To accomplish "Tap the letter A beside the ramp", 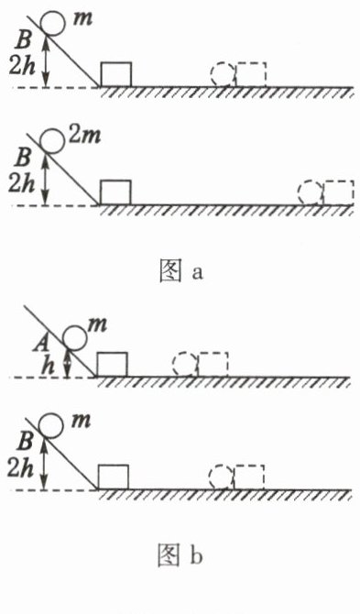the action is [46, 344].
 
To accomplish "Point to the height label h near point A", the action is [49, 367].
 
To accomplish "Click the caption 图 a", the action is [180, 271].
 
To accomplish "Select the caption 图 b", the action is [180, 555].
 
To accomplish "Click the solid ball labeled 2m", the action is [53, 142].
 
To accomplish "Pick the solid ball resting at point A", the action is [75, 337].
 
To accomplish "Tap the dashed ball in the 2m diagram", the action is [311, 192].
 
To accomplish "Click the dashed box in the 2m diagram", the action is [338, 192].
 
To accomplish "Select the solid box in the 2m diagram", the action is [115, 192].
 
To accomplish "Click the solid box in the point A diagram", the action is [113, 365].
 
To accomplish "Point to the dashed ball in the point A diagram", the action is [185, 365].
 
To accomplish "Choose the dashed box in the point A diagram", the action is [213, 365].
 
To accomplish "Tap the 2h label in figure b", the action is [21, 467].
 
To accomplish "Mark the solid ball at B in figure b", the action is [51, 425].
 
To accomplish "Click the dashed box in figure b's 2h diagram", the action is [249, 477].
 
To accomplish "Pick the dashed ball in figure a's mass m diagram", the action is [223, 74].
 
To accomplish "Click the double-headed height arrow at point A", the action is [69, 364].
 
